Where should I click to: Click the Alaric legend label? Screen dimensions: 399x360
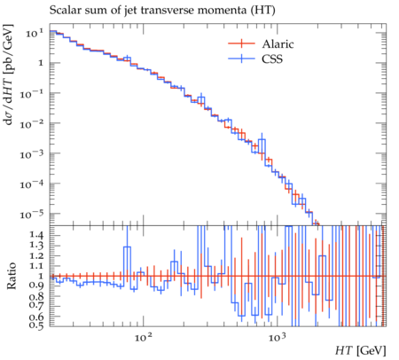278,44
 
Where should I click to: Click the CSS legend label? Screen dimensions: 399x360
272,59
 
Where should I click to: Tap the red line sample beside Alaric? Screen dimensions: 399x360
241,43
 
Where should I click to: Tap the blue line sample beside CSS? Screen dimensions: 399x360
241,59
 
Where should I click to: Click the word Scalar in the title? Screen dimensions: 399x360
62,10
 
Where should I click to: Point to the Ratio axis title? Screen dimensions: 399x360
12,276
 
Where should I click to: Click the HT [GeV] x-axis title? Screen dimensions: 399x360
361,350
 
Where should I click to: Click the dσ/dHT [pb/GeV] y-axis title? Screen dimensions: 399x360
9,74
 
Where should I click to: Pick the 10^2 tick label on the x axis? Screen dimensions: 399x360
144,337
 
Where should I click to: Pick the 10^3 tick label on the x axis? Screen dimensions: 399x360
278,337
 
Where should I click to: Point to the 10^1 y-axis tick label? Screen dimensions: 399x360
35,33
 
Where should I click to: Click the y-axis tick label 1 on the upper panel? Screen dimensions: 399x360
41,63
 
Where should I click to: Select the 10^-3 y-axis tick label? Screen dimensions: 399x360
32,153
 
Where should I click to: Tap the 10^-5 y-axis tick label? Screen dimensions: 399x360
32,214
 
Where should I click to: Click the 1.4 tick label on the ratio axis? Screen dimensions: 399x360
36,235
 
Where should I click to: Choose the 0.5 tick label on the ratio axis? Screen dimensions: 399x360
36,325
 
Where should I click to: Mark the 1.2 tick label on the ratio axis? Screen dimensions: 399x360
36,255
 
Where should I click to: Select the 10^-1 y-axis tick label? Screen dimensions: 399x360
32,94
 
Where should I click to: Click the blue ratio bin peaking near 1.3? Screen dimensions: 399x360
127,247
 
